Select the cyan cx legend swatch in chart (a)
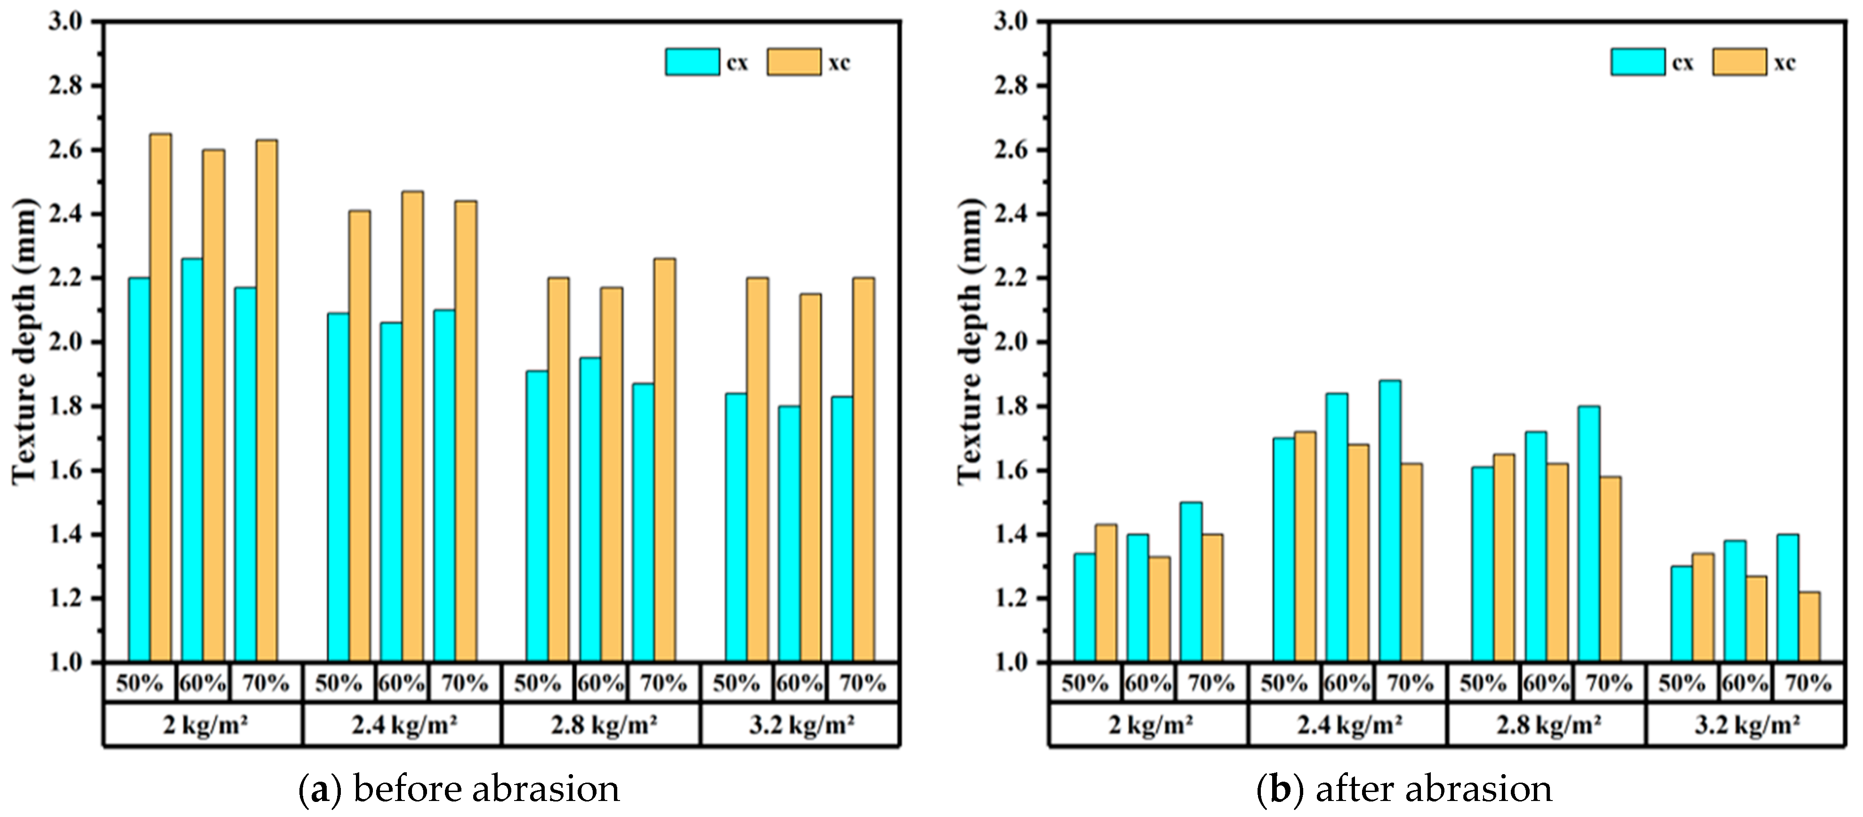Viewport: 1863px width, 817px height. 692,62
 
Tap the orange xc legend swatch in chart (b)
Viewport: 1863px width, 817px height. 1739,62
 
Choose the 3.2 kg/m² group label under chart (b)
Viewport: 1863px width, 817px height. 1746,724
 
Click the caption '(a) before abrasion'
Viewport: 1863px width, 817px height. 459,789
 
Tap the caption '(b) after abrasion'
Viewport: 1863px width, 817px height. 1404,789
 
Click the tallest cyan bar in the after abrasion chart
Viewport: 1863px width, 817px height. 1390,521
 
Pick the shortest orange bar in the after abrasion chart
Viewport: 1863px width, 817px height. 1809,627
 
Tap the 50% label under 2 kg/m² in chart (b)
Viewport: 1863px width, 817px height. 1085,682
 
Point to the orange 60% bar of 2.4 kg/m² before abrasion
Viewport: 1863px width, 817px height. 412,427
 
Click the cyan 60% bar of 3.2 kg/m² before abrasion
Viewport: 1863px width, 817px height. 789,534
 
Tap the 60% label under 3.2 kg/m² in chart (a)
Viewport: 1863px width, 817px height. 799,682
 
